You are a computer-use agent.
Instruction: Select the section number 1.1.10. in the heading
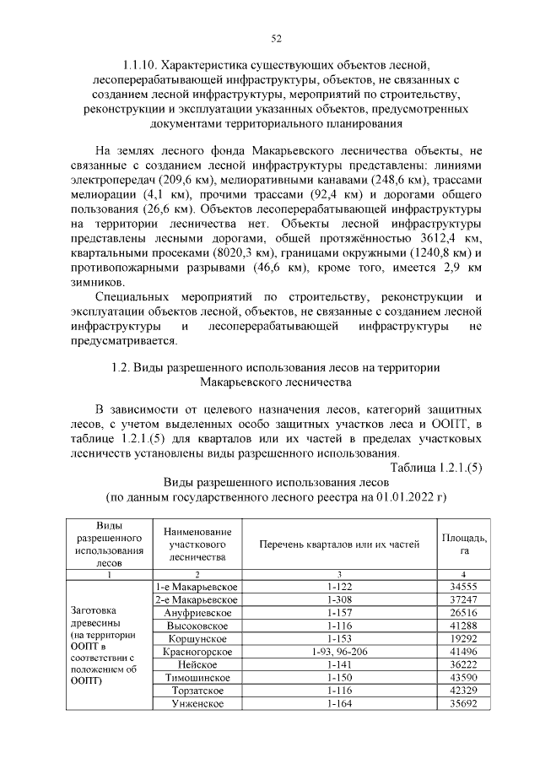139,64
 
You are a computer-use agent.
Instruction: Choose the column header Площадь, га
464,545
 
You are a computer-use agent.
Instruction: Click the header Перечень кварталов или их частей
338,545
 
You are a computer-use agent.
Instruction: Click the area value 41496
464,653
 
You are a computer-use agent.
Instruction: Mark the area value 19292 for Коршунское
464,639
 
